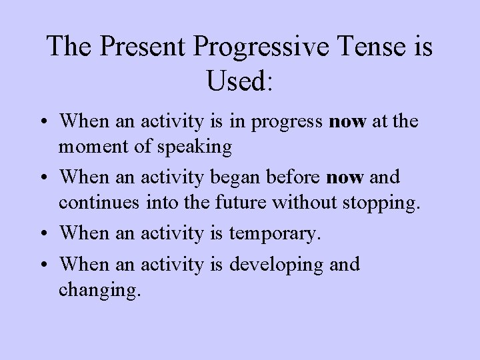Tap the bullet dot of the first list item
42,121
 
